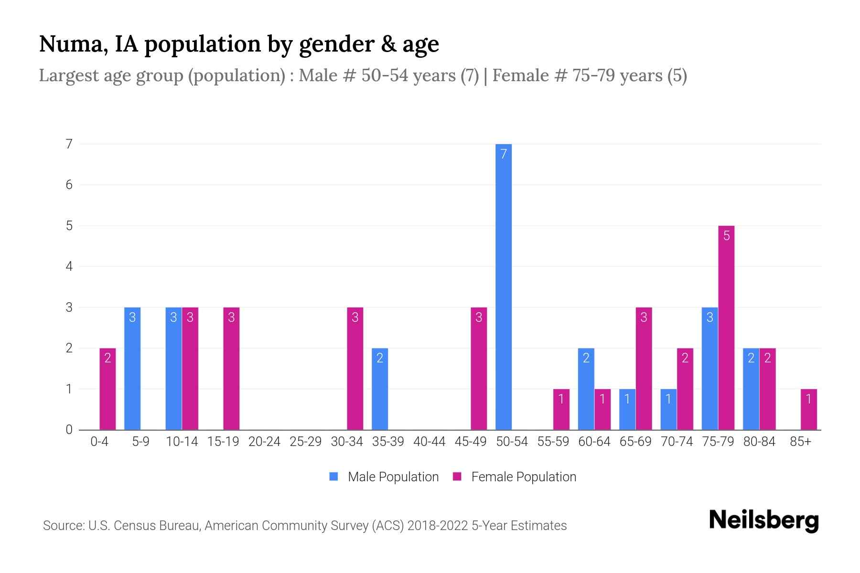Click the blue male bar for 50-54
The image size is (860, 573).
pos(504,286)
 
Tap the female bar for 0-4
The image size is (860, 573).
pos(107,389)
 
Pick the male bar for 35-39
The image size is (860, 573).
pos(380,389)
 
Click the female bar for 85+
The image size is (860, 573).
pos(808,409)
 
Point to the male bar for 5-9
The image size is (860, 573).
pos(132,368)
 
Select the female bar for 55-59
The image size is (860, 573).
pos(561,409)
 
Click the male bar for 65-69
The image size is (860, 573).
pos(627,409)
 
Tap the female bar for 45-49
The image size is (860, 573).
pos(479,368)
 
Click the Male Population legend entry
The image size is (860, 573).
pos(384,477)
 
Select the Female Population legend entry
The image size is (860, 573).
pos(515,477)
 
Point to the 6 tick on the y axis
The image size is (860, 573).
pos(69,185)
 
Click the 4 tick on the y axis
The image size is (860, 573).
pos(69,266)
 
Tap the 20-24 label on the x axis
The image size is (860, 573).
pos(264,442)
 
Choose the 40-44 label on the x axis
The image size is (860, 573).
pos(429,442)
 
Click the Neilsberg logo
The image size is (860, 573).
pos(763,520)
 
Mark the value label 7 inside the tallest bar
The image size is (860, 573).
pos(504,154)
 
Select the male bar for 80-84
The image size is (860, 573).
pos(751,389)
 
